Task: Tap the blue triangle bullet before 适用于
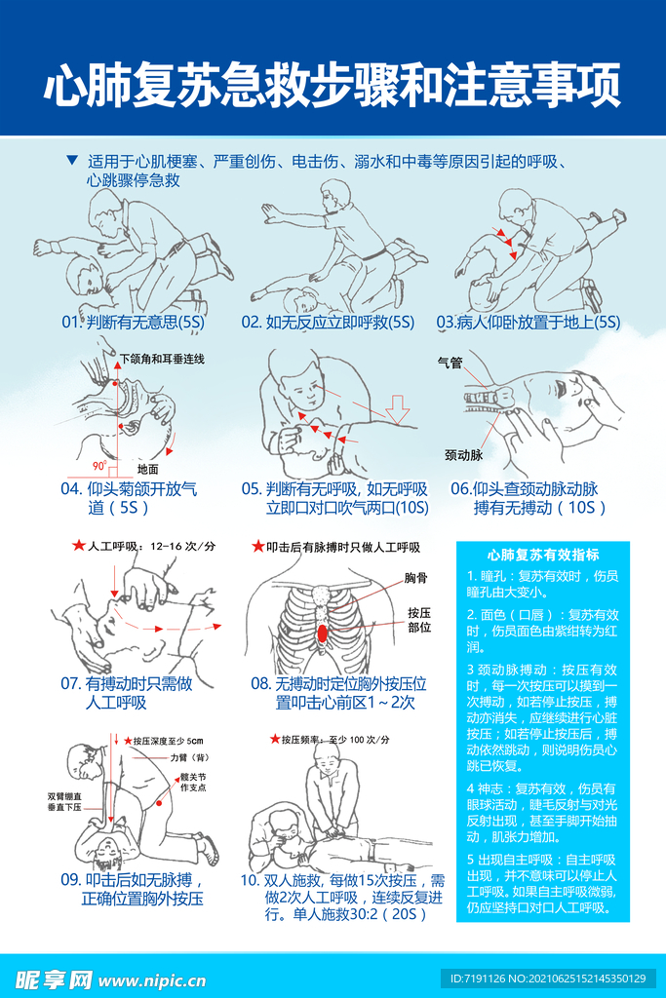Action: pos(72,161)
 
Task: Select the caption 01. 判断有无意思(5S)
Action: pos(133,322)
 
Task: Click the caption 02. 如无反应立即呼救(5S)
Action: pos(328,322)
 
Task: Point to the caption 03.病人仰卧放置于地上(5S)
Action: pos(528,322)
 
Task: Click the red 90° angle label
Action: pos(99,466)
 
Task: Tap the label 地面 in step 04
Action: pos(147,469)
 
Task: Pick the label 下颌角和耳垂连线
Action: pos(163,359)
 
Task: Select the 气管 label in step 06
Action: pos(450,363)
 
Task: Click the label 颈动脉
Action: pos(463,455)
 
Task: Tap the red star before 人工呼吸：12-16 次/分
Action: pos(79,546)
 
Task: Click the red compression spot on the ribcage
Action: pos(322,633)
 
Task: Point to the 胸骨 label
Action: pos(415,578)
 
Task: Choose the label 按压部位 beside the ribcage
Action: pos(419,620)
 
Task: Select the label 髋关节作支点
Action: pos(193,783)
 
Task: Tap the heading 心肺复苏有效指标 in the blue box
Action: pos(543,555)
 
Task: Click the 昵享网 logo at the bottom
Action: pos(54,979)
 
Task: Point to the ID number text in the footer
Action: pos(548,979)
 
